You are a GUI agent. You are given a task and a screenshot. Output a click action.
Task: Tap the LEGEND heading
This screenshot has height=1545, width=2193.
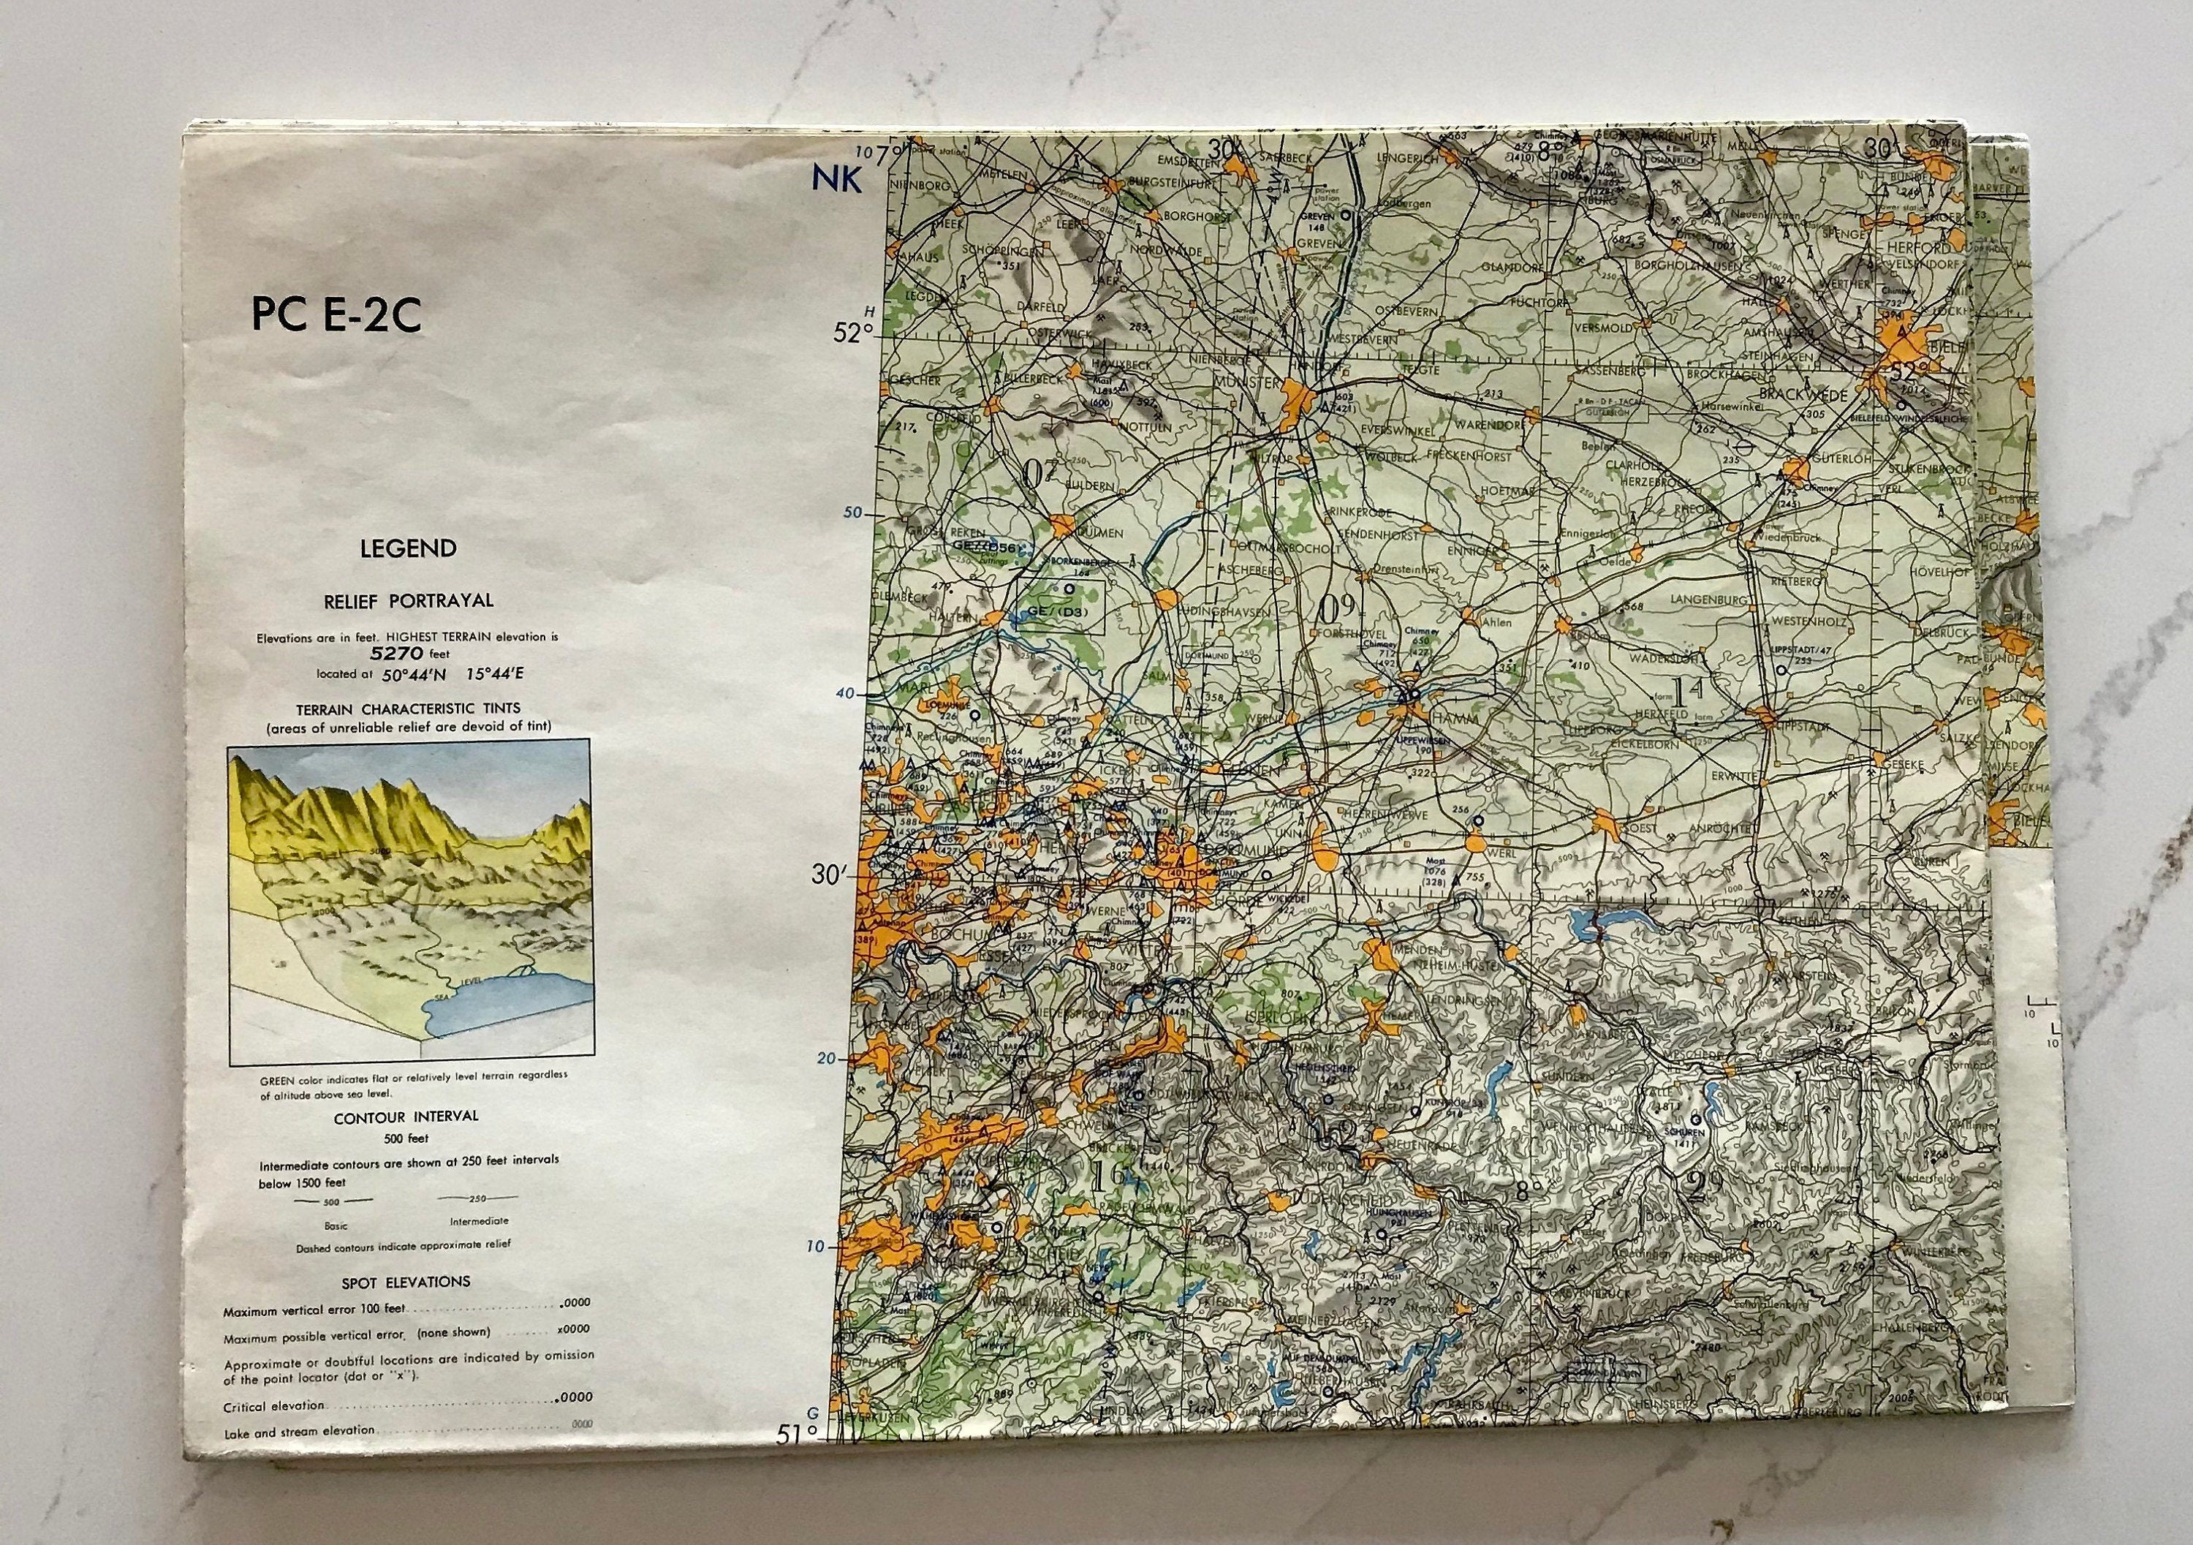point(408,548)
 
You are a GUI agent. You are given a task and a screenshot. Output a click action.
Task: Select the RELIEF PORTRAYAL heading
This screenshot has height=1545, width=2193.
point(408,601)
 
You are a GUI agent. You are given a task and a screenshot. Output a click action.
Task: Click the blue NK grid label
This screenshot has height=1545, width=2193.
point(837,178)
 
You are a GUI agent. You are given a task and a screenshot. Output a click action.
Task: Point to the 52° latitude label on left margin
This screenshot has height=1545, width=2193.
point(853,333)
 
